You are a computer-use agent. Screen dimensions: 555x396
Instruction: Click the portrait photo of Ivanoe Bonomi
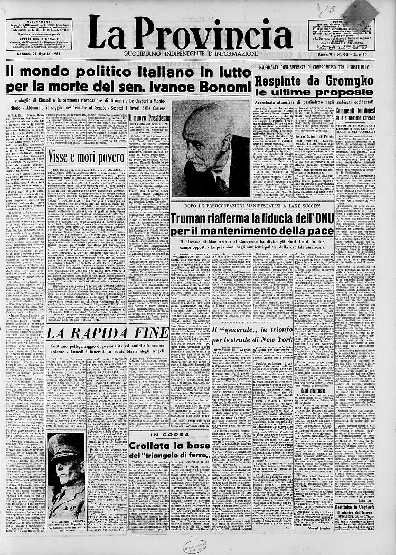211,151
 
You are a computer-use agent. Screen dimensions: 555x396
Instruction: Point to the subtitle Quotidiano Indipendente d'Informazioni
190,54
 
